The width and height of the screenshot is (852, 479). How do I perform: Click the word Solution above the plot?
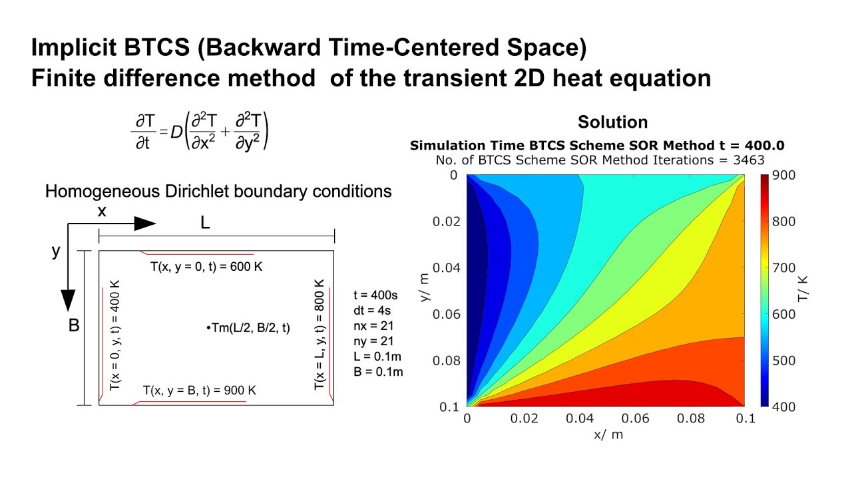click(x=612, y=122)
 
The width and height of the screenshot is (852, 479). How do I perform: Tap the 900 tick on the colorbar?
click(x=784, y=175)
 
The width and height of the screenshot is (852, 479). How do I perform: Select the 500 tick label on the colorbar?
click(x=784, y=361)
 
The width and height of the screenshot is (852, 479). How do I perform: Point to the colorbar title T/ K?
click(x=803, y=290)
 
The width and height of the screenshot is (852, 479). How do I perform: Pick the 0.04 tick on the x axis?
click(x=578, y=418)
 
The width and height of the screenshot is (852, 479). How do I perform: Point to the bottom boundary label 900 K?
click(x=200, y=391)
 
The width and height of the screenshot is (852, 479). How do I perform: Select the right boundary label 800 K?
click(x=319, y=334)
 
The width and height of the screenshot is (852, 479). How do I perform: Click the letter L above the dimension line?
click(x=205, y=224)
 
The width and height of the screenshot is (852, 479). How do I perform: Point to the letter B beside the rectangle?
click(x=74, y=327)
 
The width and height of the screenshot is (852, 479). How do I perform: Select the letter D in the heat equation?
click(x=176, y=132)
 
